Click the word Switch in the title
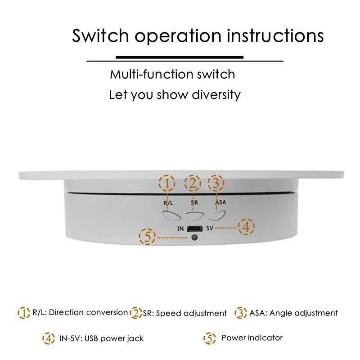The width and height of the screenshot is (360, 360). coord(100,36)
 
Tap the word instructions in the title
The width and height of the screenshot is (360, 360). coord(275,36)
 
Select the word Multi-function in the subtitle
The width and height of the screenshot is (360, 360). coord(148,74)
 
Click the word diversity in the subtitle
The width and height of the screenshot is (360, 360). coord(216,95)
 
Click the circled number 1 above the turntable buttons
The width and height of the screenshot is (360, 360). coord(167,183)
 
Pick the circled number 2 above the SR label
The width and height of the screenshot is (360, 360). coord(193,183)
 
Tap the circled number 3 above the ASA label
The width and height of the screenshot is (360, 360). coord(216,183)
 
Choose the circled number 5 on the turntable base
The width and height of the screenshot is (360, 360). coord(148,237)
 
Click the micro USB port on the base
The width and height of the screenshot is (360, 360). coord(195,229)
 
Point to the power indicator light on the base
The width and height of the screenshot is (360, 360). coord(195,237)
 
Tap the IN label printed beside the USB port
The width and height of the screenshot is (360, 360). coord(180,229)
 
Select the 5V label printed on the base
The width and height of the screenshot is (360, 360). coord(210,228)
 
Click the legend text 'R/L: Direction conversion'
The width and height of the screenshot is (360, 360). coord(80,312)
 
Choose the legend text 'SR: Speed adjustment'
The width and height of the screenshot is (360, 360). coord(185,313)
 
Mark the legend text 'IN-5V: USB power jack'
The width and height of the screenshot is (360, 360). coord(102,338)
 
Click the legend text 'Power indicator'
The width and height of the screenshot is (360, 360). coord(252,338)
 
